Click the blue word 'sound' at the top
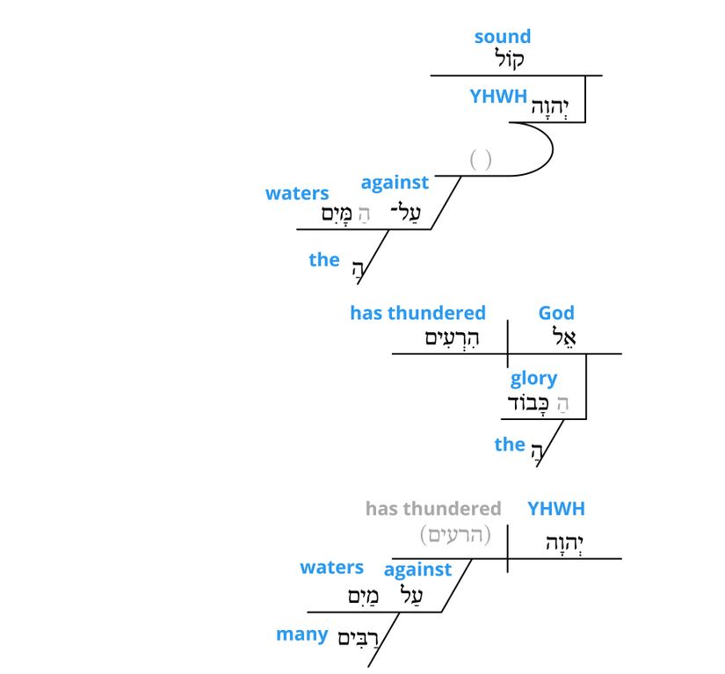502,37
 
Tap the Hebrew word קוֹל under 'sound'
509,61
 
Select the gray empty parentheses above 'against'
480,159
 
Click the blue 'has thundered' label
417,313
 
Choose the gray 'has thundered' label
433,508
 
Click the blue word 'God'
556,313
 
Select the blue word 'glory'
533,378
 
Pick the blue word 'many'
301,634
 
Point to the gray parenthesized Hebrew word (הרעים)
455,534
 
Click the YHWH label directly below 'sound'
497,97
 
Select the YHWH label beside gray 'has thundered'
555,508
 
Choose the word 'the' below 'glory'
509,444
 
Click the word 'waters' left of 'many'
331,567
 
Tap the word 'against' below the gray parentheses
395,182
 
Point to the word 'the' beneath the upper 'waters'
323,259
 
